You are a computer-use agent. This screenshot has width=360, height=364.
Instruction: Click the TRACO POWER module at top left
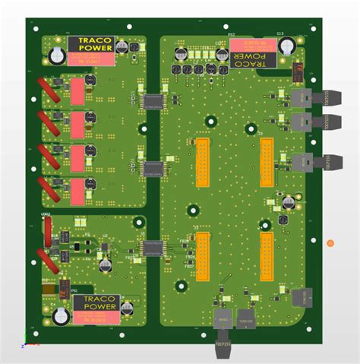click(93, 48)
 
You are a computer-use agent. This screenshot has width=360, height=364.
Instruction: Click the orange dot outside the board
click(330, 242)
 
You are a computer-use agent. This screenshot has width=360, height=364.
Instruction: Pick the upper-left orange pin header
click(202, 163)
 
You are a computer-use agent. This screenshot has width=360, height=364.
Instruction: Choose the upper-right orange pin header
click(267, 162)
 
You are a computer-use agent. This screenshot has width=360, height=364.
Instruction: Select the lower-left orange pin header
click(202, 255)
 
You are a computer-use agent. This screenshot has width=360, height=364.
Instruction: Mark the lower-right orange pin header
click(267, 255)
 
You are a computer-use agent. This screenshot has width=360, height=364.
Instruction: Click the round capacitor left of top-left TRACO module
click(56, 55)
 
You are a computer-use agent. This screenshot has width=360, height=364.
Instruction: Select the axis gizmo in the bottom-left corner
click(29, 340)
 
